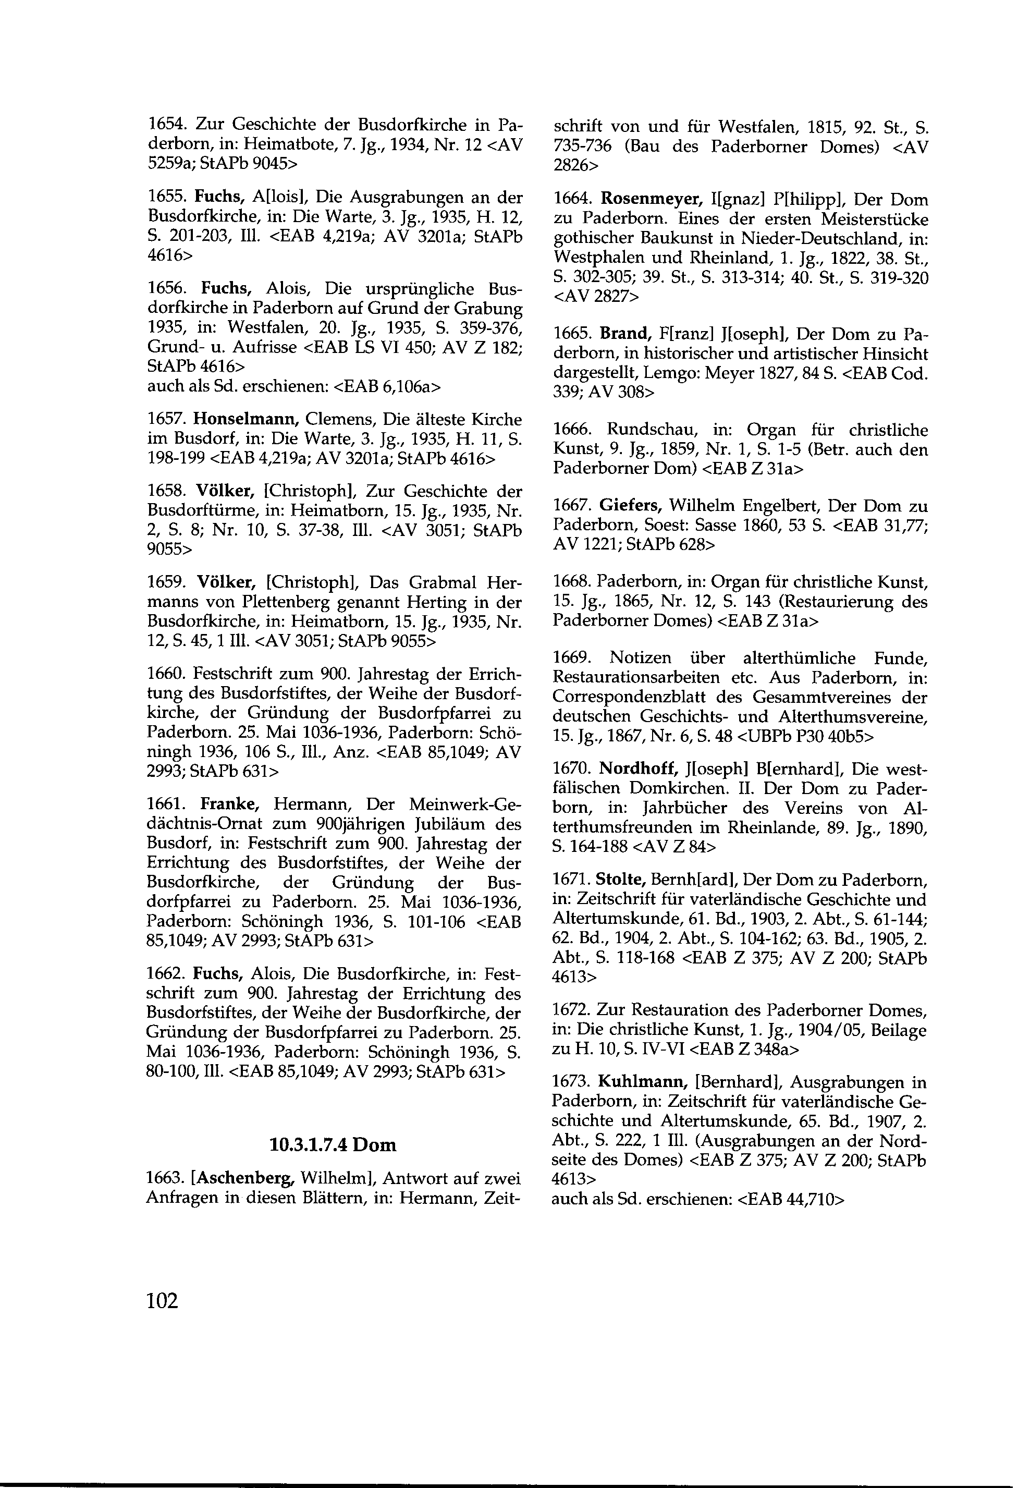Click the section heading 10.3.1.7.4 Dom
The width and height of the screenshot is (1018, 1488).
333,1144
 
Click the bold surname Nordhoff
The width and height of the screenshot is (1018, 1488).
635,769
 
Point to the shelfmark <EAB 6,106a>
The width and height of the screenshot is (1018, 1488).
388,386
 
